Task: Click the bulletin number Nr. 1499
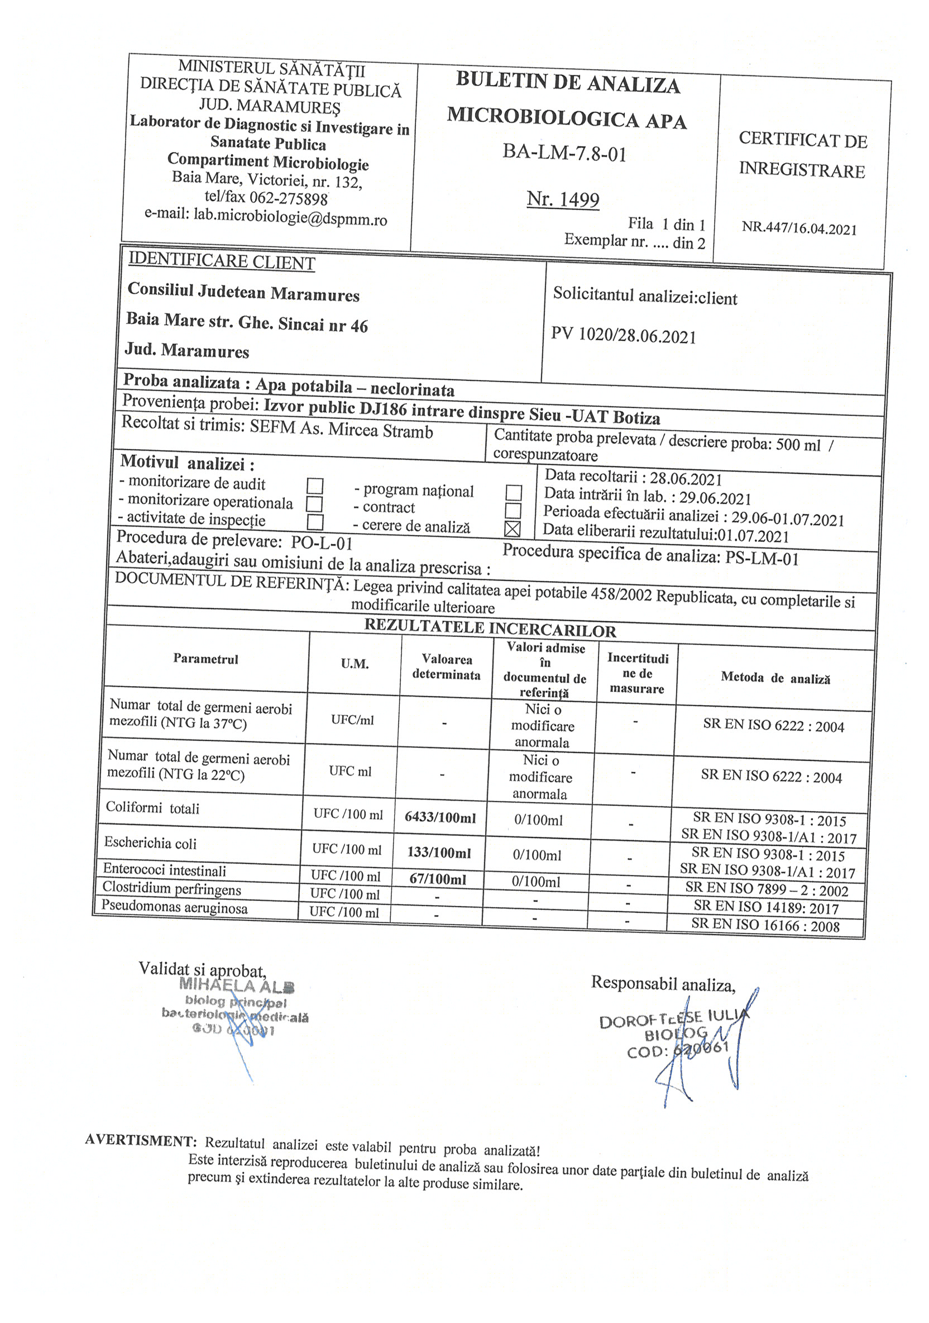[563, 199]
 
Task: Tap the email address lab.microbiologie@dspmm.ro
[290, 218]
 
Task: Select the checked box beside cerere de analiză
[512, 529]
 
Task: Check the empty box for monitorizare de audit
[314, 486]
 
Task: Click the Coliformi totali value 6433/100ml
[440, 817]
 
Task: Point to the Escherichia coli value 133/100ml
[439, 852]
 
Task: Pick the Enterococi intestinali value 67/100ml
[438, 879]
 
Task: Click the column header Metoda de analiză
[775, 678]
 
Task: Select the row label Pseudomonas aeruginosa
[175, 907]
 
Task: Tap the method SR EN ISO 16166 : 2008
[765, 926]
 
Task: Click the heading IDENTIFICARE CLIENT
[222, 261]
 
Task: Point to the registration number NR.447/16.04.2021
[799, 228]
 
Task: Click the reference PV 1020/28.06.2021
[623, 335]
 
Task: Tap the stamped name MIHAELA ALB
[237, 987]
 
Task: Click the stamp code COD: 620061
[677, 1050]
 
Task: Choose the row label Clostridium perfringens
[171, 888]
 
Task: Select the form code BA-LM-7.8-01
[564, 153]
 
